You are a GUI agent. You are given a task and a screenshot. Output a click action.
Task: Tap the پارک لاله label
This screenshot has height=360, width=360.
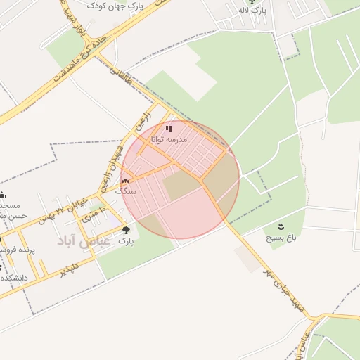click(x=252, y=10)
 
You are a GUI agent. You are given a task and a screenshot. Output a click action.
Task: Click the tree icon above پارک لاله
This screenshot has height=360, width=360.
click(x=252, y=1)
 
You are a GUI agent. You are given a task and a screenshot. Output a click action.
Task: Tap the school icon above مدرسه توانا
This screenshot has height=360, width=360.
click(x=169, y=129)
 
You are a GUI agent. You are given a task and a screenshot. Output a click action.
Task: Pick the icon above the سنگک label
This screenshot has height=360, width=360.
click(x=125, y=180)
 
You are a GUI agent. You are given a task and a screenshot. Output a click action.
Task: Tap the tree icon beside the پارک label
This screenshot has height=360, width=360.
click(x=127, y=230)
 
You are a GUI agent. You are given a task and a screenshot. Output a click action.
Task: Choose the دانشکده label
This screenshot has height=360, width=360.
click(x=14, y=278)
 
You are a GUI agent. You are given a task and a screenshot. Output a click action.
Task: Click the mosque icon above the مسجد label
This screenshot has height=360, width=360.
click(x=3, y=195)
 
